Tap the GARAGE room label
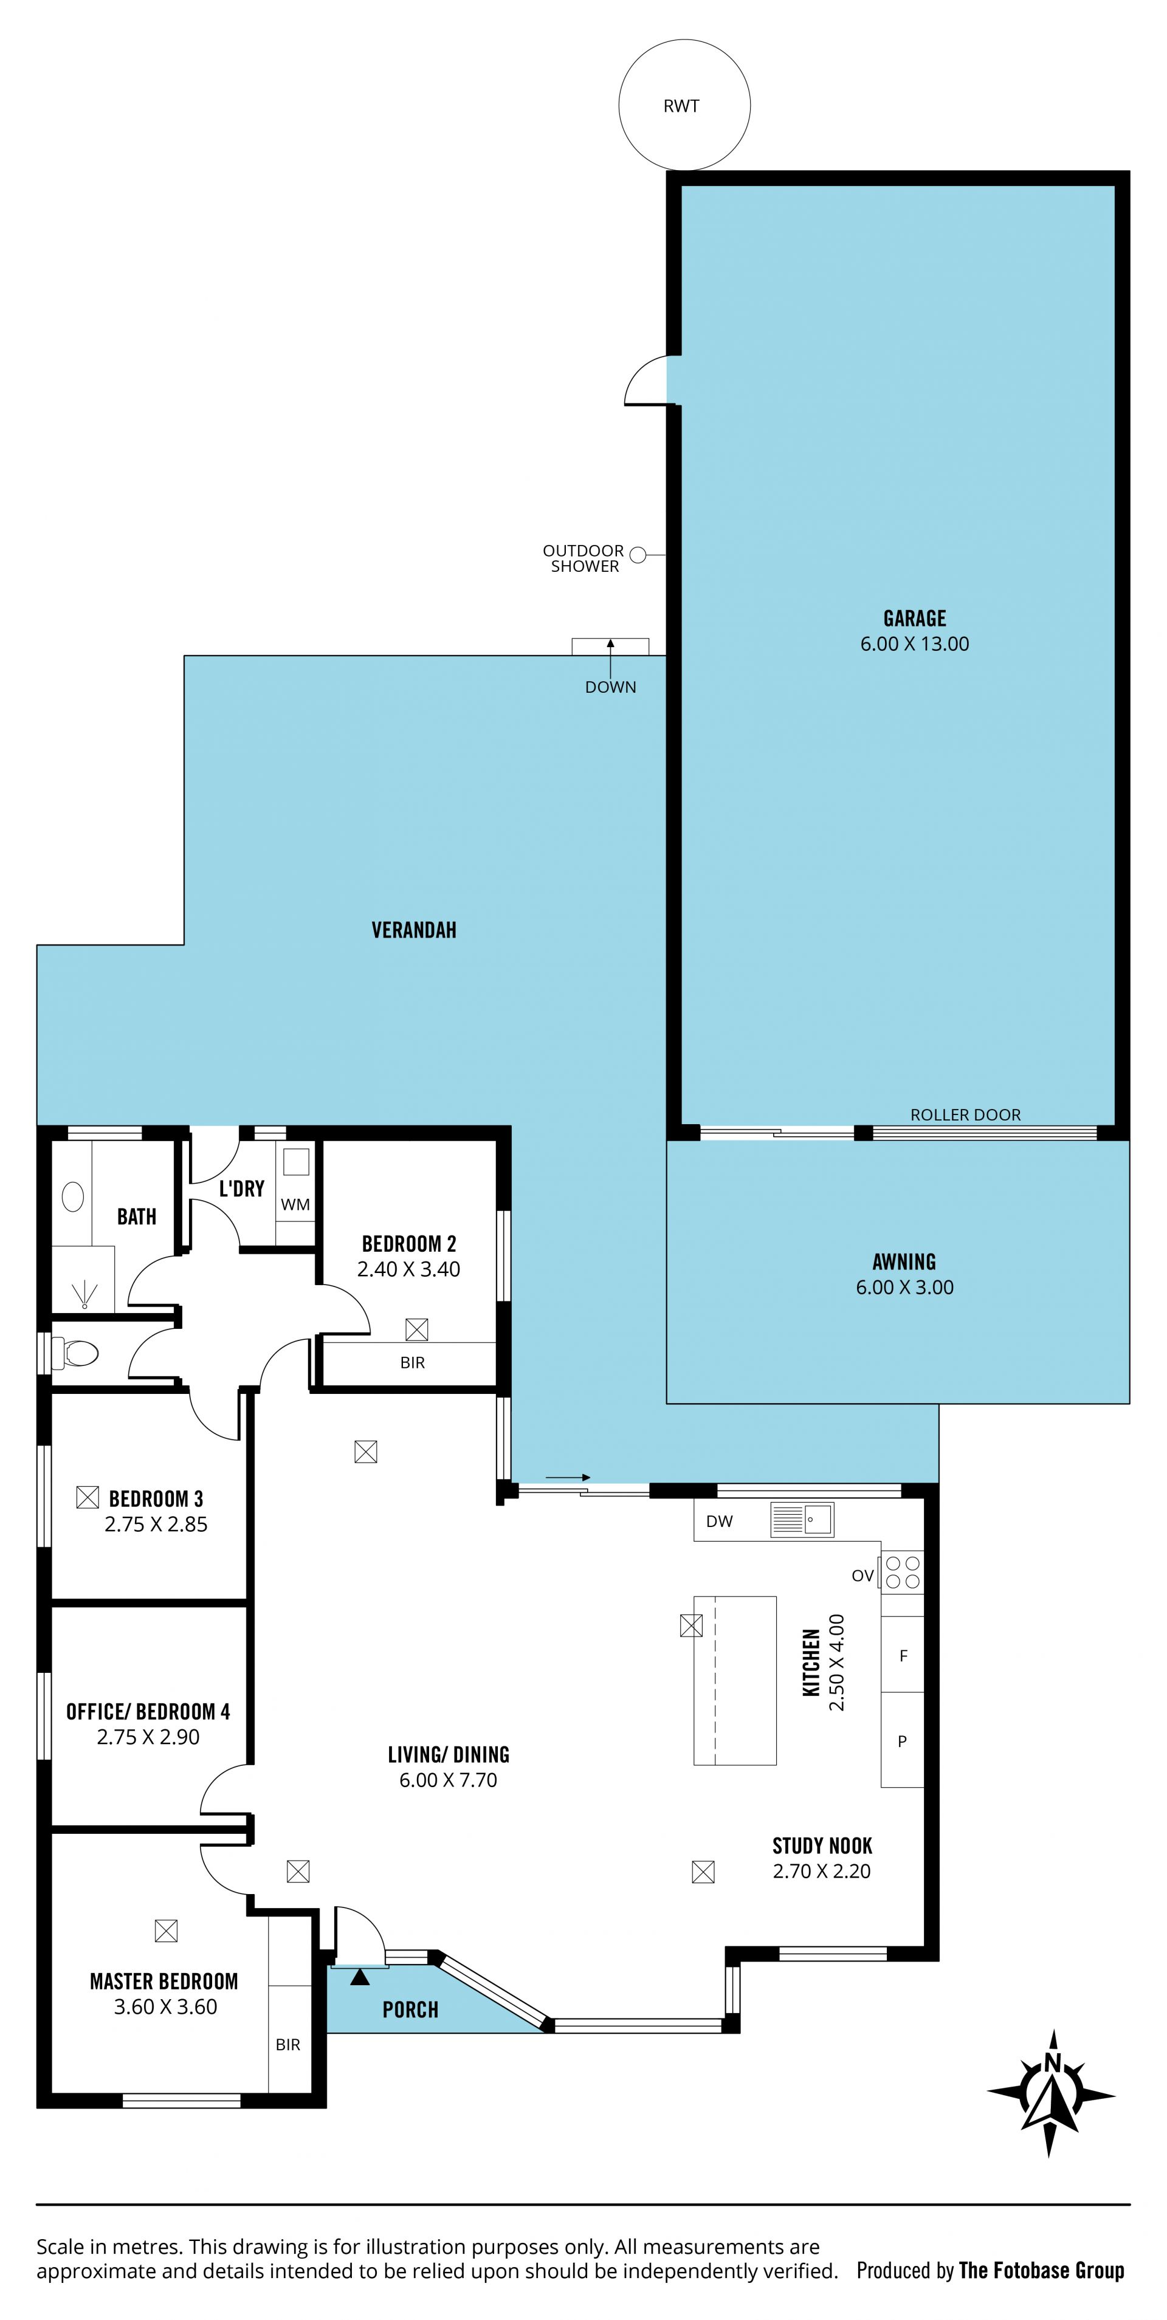[x=915, y=618]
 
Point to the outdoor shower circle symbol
[x=638, y=555]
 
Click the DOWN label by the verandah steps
[x=610, y=687]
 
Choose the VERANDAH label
[x=414, y=930]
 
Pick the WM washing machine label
[x=295, y=1204]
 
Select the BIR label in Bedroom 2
[x=412, y=1362]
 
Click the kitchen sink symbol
[x=802, y=1519]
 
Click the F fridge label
[x=903, y=1655]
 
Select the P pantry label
[x=902, y=1741]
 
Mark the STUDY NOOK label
[x=822, y=1845]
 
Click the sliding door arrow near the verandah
[x=568, y=1477]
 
